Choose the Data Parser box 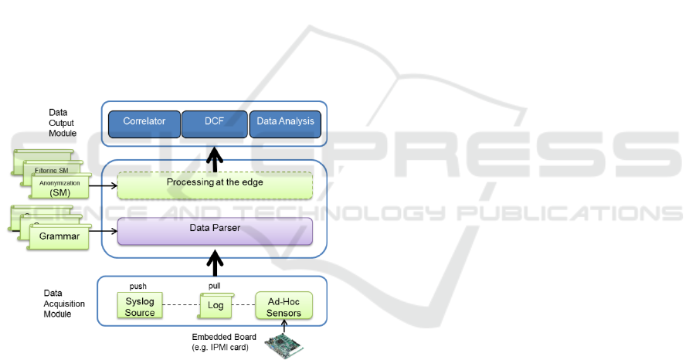pos(215,231)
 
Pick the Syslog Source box pos(140,307)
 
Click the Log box pos(216,307)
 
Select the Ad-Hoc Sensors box pos(283,307)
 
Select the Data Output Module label pos(62,123)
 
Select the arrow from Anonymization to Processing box pos(102,185)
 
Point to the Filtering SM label pos(52,169)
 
